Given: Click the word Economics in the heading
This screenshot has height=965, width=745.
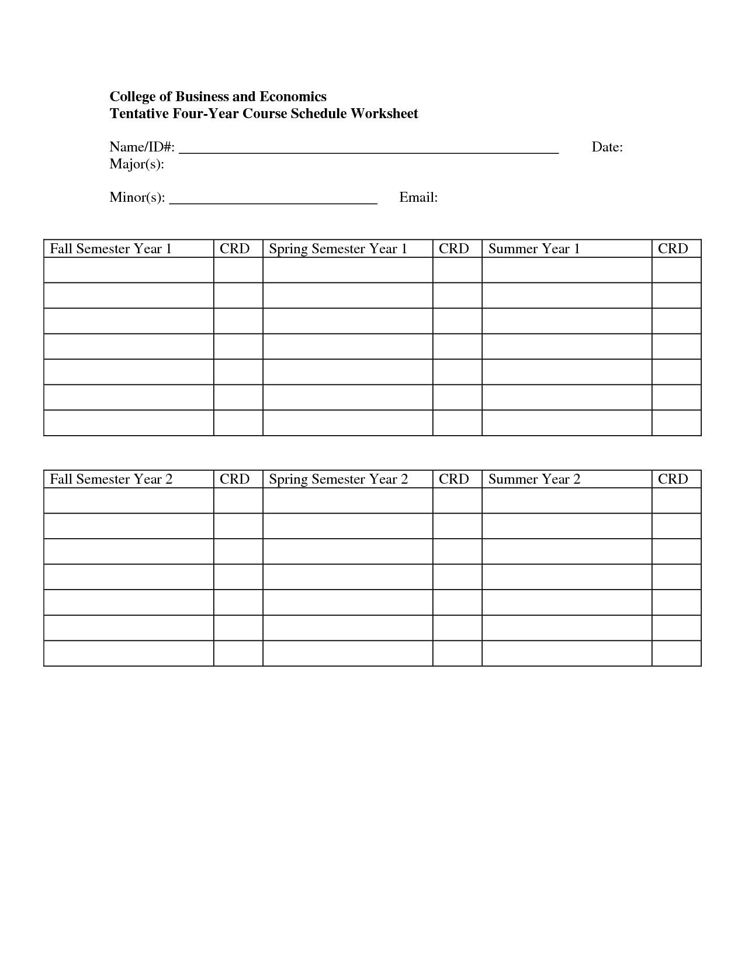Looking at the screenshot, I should point(293,96).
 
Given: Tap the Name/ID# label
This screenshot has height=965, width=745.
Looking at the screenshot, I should point(142,147).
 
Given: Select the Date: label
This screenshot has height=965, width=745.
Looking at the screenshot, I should point(607,147).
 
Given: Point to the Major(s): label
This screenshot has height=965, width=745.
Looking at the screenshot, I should point(137,164).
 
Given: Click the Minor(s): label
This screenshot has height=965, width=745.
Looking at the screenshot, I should point(137,198).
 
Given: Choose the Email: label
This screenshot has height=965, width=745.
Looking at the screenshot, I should point(418,198).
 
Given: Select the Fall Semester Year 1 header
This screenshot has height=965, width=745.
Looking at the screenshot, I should point(111,249).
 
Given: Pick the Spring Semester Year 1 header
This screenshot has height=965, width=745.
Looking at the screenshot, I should point(338,249).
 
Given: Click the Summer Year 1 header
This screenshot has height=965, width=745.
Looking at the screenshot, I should point(534,249).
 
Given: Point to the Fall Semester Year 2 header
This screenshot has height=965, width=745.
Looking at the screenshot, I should point(111,480).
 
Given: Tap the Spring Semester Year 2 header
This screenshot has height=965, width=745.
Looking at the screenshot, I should point(338,480).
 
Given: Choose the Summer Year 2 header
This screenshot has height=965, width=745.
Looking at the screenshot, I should point(534,480).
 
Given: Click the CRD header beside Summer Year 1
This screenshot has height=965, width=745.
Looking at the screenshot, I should point(673,249).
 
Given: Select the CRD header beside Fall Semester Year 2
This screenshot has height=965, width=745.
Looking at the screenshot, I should point(235,480).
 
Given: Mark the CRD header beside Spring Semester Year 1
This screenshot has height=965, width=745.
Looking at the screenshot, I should point(454,249).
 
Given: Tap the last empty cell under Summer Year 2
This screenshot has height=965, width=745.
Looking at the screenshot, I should point(566,653).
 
